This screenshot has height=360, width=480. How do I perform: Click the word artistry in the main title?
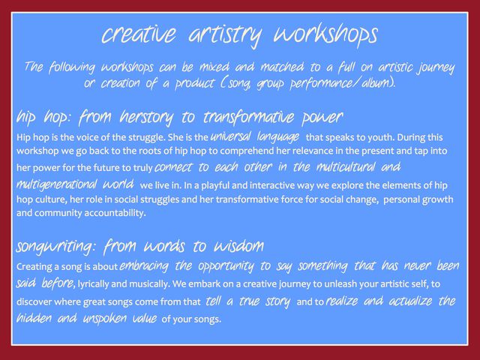pyautogui.click(x=226, y=34)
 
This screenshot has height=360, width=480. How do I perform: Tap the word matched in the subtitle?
pyautogui.click(x=282, y=67)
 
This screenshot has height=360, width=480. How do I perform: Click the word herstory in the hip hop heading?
pyautogui.click(x=146, y=117)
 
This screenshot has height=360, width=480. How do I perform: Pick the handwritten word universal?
pyautogui.click(x=230, y=136)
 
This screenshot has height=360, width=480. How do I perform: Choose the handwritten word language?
pyautogui.click(x=278, y=136)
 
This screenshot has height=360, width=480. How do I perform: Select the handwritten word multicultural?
pyautogui.click(x=346, y=166)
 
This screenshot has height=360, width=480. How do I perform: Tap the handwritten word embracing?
pyautogui.click(x=144, y=265)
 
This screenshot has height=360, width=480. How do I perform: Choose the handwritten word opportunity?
pyautogui.click(x=226, y=266)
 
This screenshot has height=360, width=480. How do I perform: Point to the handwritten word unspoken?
pyautogui.click(x=105, y=319)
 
